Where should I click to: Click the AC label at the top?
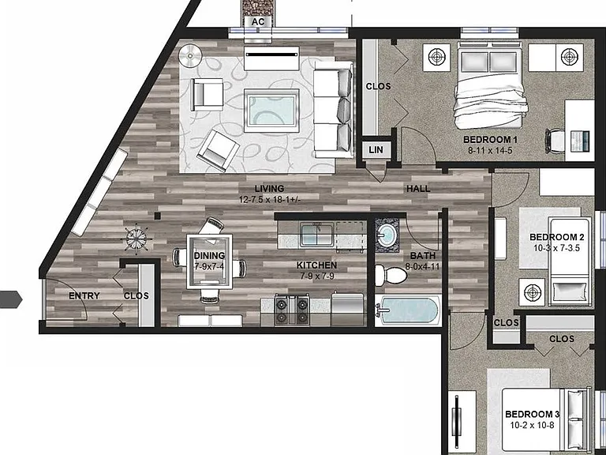click(258, 21)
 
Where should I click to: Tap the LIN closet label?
click(376, 150)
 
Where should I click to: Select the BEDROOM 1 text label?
click(490, 140)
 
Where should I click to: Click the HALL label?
click(418, 189)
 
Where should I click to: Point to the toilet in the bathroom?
click(391, 275)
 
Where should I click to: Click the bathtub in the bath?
click(408, 310)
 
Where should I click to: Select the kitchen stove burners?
click(292, 309)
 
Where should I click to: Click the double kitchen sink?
click(317, 235)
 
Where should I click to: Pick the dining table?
click(209, 261)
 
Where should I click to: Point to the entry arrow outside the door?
click(11, 299)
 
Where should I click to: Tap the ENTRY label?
click(84, 296)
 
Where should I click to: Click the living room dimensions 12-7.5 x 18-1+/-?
click(270, 200)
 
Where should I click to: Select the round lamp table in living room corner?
click(190, 56)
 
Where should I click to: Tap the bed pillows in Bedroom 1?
click(489, 62)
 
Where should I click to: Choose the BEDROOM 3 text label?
click(532, 415)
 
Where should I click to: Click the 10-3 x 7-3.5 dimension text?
click(556, 248)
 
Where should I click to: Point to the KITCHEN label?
click(316, 265)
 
